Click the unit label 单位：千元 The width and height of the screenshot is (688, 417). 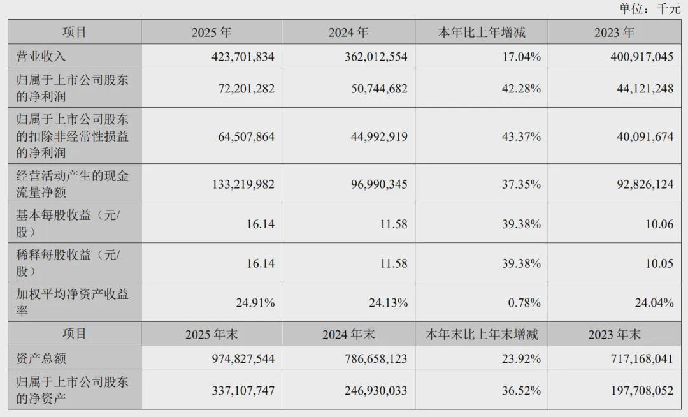click(649, 8)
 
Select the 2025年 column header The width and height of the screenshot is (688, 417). click(211, 33)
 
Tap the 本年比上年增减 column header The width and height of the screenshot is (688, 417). click(482, 33)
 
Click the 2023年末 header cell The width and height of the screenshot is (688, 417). click(614, 334)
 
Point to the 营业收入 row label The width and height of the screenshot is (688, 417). click(41, 57)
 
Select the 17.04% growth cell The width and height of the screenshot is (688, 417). click(521, 57)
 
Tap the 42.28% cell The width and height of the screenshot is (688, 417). click(521, 89)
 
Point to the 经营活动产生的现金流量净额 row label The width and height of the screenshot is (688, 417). click(72, 184)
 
